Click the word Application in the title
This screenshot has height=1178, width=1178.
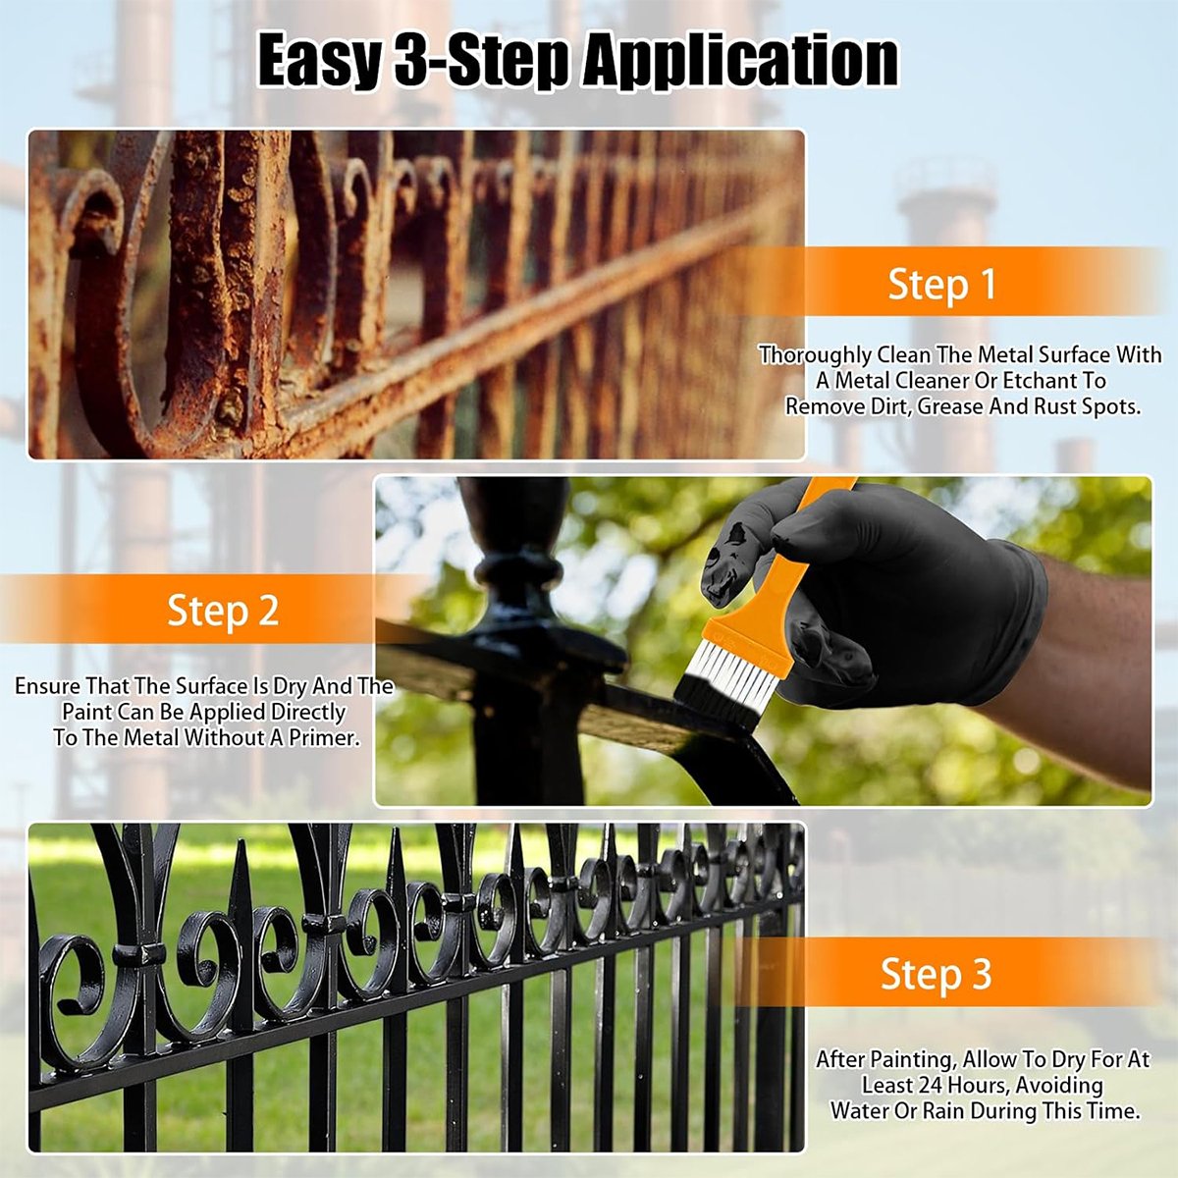[x=740, y=61]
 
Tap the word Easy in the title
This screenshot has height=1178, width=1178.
[x=318, y=61]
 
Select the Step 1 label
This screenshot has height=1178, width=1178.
[x=941, y=284]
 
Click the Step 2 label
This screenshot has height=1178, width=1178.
[x=223, y=610]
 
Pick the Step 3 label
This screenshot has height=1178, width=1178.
[x=936, y=974]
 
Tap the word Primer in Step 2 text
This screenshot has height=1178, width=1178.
[x=320, y=738]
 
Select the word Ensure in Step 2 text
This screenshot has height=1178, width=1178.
[x=47, y=686]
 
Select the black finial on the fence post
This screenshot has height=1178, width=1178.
[x=515, y=550]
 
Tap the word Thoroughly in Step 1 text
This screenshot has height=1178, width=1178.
[x=815, y=355]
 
